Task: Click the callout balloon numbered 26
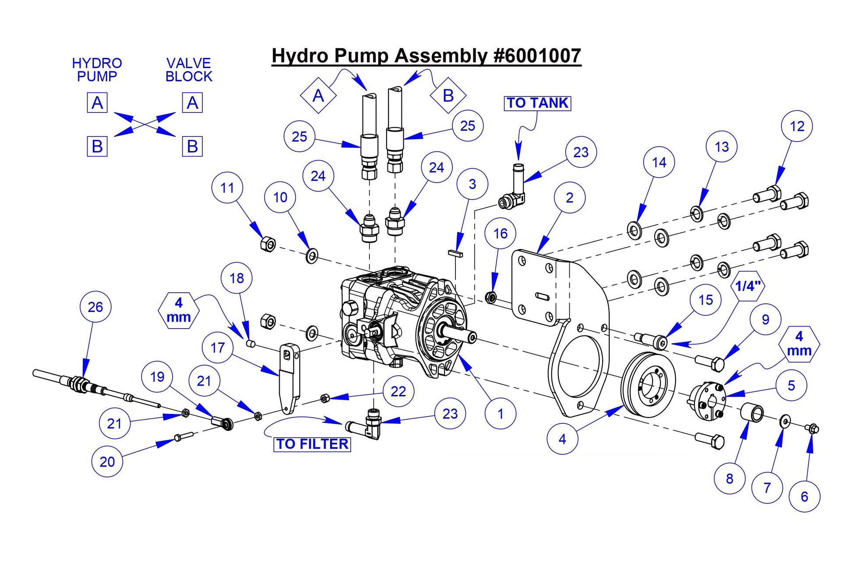(95, 307)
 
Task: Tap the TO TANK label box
(537, 103)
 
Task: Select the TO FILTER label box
(312, 444)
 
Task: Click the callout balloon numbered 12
(796, 126)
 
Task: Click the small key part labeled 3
(455, 253)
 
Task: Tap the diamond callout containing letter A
(318, 96)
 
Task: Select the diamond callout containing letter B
(448, 95)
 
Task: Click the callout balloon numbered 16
(500, 234)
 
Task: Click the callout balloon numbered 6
(804, 497)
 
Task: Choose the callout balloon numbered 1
(500, 413)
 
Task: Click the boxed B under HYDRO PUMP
(97, 146)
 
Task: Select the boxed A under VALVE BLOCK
(192, 103)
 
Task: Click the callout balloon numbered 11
(227, 188)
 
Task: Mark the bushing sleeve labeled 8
(752, 413)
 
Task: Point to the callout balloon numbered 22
(398, 391)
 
